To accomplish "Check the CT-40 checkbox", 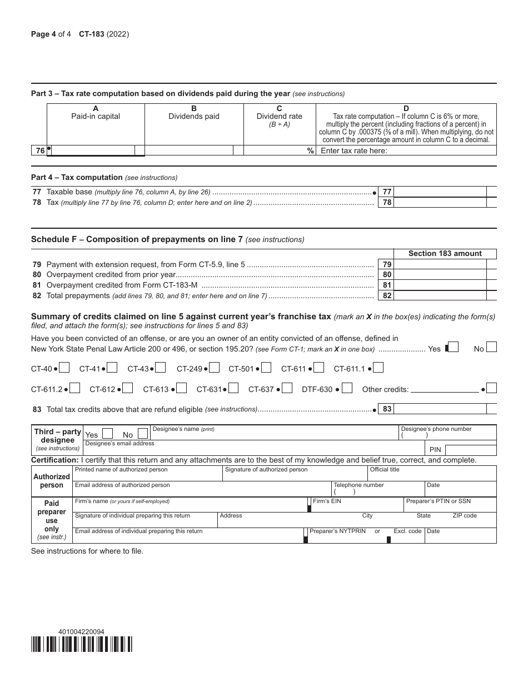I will pos(64,368).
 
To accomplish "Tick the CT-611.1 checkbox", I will pos(378,368).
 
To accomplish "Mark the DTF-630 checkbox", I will pos(347,388).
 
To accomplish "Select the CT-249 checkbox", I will pos(215,368).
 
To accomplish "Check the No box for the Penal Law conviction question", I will pos(491,348).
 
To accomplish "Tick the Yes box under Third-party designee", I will pos(108,434).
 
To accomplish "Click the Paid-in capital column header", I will pos(96,116).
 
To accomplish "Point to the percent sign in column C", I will pos(311,150).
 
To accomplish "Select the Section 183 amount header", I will pos(445,253).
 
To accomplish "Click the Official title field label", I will pos(385,470).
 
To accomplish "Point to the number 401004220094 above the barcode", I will pos(81,632).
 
